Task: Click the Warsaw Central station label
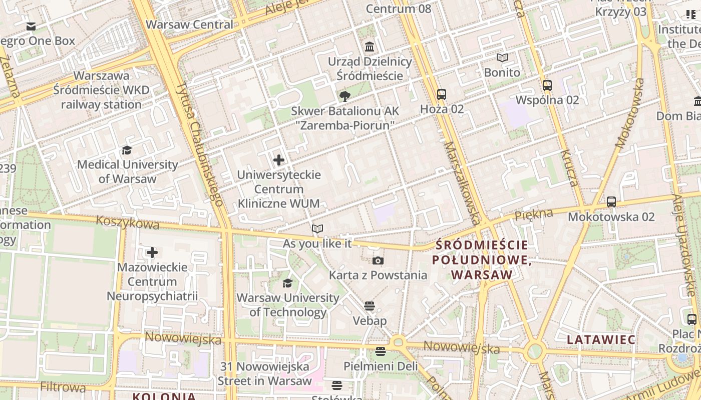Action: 189,24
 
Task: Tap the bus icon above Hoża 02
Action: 442,94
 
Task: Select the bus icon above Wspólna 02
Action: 547,85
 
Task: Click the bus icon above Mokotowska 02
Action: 611,202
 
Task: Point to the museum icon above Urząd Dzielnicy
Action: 370,47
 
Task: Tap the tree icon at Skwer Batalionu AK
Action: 344,96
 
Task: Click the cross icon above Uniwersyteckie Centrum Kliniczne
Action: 279,160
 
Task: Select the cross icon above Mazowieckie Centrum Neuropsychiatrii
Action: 152,252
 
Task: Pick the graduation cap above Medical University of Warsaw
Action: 127,150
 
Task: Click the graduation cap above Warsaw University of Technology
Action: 287,283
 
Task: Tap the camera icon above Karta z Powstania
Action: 378,260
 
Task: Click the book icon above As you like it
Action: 317,229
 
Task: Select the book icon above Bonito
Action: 502,58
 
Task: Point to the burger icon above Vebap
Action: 370,306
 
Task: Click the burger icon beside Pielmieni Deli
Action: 381,351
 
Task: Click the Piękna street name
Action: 534,215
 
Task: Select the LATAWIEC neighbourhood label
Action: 601,340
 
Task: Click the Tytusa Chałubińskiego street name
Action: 199,144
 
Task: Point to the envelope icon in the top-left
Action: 31,26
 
